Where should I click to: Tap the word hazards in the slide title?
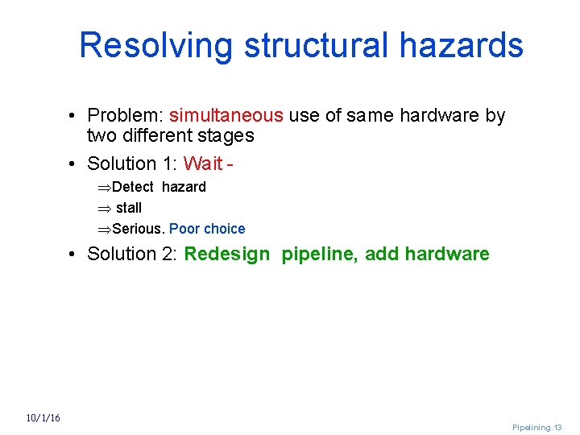(x=461, y=46)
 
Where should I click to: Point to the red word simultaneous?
(x=226, y=116)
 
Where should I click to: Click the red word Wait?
(x=203, y=164)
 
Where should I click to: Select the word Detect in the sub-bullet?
(x=135, y=187)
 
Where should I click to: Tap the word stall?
(x=129, y=208)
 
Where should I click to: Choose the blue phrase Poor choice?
(x=207, y=229)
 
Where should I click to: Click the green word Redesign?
(x=227, y=255)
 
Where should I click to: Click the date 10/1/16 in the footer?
(x=43, y=418)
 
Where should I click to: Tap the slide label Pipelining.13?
(x=536, y=428)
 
